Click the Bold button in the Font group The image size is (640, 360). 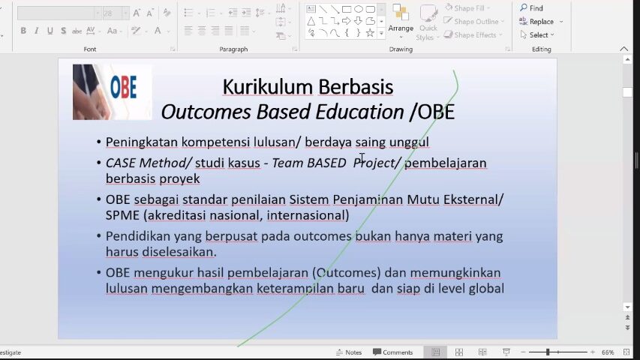[x=23, y=31]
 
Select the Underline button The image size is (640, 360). [x=50, y=31]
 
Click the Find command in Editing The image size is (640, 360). [x=531, y=8]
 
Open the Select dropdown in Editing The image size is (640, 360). [x=537, y=35]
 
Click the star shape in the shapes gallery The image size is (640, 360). [x=370, y=33]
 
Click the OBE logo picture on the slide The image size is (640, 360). [x=113, y=91]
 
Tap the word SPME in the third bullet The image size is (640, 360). [x=122, y=215]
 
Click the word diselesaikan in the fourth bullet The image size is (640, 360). [x=178, y=252]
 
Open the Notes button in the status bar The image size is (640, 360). [x=349, y=352]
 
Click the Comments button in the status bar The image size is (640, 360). [x=392, y=352]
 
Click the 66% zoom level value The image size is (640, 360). [x=607, y=352]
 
